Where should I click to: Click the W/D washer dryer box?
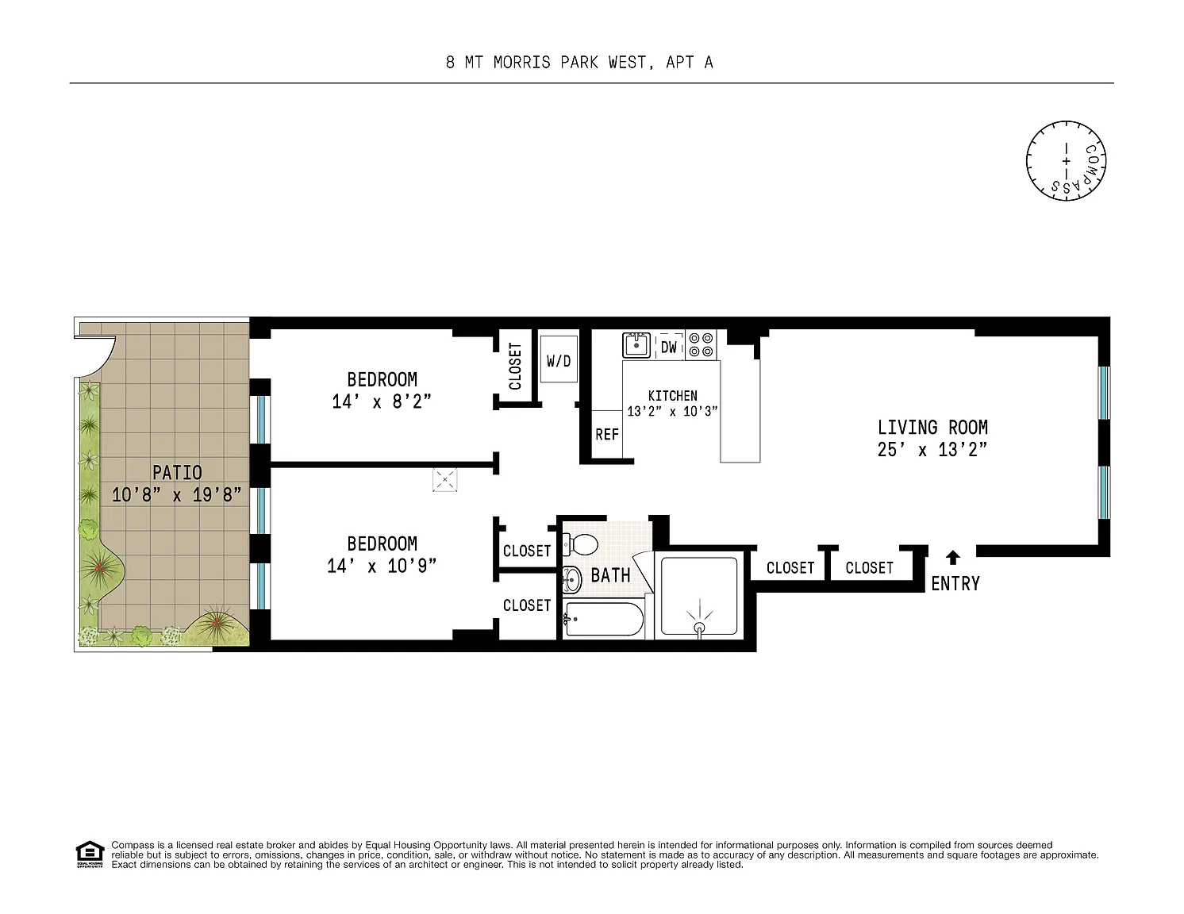[559, 359]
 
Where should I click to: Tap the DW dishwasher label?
[668, 347]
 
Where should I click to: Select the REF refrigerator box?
[607, 434]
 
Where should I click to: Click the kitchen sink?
[636, 345]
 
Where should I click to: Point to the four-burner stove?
[701, 345]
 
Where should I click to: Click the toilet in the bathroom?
[581, 543]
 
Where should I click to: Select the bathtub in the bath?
[604, 618]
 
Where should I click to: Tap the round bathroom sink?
[572, 579]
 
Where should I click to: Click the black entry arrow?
[952, 557]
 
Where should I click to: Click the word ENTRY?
[955, 584]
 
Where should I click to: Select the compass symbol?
[1066, 161]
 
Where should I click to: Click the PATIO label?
[177, 472]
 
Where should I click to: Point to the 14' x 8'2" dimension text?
[382, 402]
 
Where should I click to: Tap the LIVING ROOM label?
[932, 427]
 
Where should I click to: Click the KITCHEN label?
[672, 395]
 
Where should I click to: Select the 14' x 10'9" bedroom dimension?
[382, 566]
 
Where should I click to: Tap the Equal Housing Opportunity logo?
[90, 854]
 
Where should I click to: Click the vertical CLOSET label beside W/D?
[515, 366]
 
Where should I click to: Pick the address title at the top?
[579, 63]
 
